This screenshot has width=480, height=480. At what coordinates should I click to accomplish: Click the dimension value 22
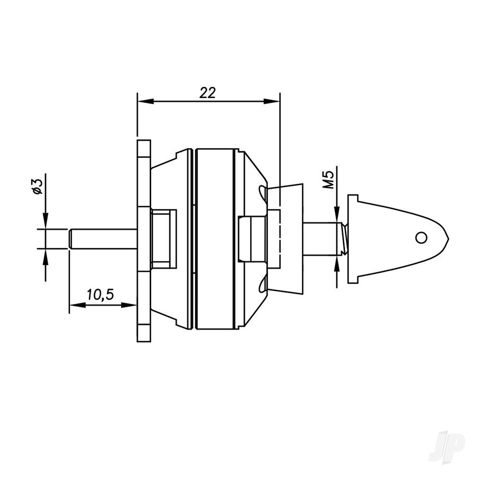pos(208,93)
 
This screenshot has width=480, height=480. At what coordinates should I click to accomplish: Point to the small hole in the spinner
pos(421,237)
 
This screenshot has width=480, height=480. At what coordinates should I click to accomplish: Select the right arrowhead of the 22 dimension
pos(274,101)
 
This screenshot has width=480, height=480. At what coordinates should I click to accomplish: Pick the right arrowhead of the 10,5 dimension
pos(132,305)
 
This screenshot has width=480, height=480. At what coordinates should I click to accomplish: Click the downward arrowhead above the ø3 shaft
pos(45,224)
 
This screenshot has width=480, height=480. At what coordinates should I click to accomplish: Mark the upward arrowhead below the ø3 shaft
pos(45,254)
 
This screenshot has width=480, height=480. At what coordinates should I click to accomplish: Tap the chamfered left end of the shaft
pos(70,239)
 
